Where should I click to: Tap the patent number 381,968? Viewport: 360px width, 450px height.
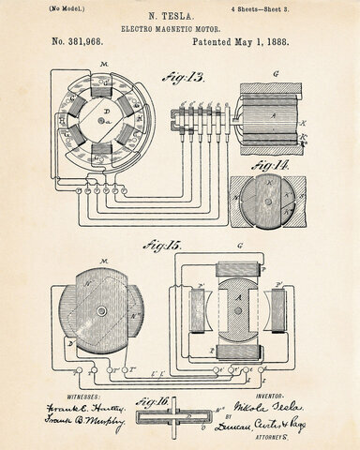84,42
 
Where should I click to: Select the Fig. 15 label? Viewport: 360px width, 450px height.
163,246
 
